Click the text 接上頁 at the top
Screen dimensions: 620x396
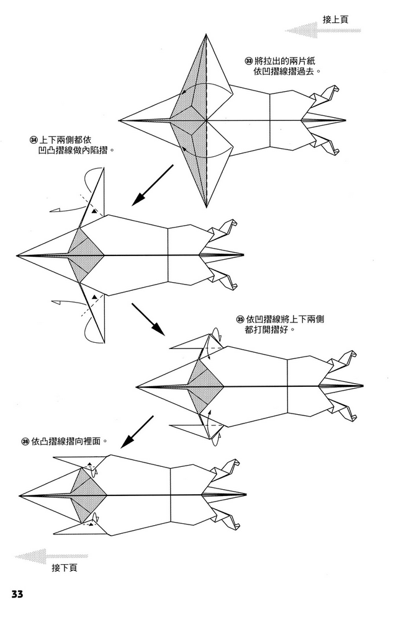pos(335,19)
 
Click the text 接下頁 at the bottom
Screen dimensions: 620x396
pos(65,567)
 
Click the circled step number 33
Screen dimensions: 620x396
pos(249,61)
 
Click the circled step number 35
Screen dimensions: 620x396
pos(240,319)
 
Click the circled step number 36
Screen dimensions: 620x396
pos(25,442)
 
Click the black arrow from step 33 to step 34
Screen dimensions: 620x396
pos(151,185)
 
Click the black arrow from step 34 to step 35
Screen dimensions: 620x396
pos(148,319)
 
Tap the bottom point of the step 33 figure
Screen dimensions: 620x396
pos(205,208)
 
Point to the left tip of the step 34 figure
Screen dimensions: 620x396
pos(17,255)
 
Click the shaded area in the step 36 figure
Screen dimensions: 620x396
pos(87,495)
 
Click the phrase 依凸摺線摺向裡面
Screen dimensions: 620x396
pos(68,442)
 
